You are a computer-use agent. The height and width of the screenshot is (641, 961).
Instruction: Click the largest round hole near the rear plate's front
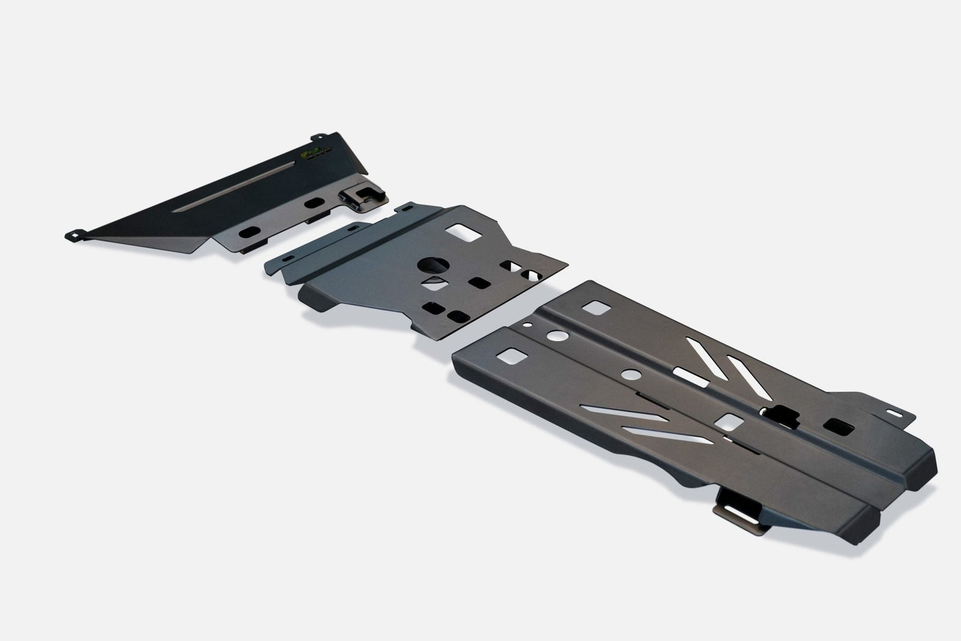555,337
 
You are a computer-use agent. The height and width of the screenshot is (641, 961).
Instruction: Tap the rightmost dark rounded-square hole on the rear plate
838,427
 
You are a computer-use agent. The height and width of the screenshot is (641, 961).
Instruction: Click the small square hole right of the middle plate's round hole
479,281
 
